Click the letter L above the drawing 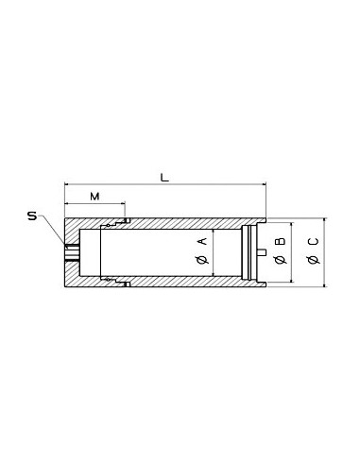[x=164, y=178]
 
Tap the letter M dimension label [x=94, y=197]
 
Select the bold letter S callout [x=32, y=216]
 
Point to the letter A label [x=203, y=242]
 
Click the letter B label [x=280, y=242]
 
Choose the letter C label [x=313, y=242]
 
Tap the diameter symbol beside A [x=203, y=260]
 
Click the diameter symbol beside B [x=280, y=260]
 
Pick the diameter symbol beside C [x=313, y=260]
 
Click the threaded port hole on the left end [x=72, y=252]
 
